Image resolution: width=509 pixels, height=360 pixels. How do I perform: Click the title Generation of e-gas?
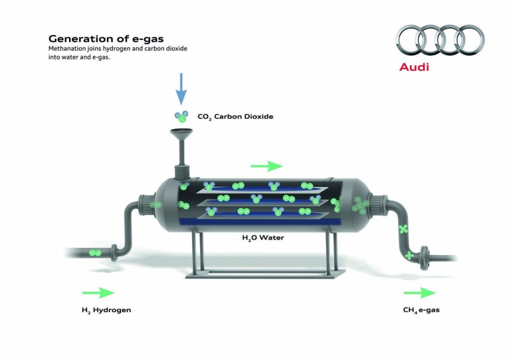click(x=106, y=39)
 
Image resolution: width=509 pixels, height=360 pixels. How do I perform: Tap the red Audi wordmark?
click(x=414, y=67)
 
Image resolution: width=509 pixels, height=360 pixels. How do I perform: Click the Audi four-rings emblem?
click(x=440, y=40)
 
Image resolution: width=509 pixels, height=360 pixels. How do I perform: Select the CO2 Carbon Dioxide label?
click(x=235, y=117)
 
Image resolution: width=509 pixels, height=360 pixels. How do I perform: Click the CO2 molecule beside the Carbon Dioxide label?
click(x=182, y=117)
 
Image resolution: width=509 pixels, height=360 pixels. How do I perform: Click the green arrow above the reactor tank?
click(x=267, y=166)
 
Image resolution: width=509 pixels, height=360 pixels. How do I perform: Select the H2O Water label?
click(x=263, y=238)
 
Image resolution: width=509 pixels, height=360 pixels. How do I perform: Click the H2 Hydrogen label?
click(x=106, y=310)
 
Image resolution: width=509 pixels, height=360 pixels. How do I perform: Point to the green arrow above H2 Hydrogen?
click(x=99, y=293)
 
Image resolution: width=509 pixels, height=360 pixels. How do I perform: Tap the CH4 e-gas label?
click(x=421, y=310)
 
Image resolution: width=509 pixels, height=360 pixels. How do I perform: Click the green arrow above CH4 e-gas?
click(x=419, y=293)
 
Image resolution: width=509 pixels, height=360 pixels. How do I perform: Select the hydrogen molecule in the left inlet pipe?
click(x=95, y=253)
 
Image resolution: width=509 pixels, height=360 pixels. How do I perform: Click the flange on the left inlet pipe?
click(x=114, y=253)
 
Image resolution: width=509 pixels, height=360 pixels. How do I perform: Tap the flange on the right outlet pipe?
click(x=423, y=258)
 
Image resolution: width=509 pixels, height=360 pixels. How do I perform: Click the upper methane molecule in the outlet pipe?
click(x=403, y=229)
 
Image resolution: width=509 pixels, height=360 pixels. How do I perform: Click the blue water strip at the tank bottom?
click(x=260, y=222)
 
